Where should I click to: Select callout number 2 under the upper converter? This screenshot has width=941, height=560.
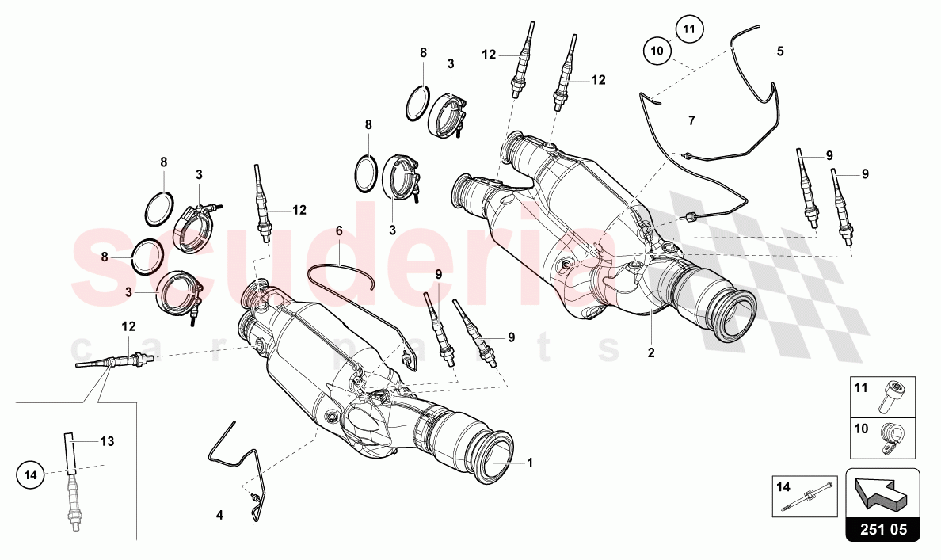651,353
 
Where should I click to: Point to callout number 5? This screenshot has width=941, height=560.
780,51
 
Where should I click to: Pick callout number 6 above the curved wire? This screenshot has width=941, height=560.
339,230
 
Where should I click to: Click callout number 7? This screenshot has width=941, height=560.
691,120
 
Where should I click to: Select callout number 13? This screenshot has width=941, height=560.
107,441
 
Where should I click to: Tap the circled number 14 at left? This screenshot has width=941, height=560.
30,475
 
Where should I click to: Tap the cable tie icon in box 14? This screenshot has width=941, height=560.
808,497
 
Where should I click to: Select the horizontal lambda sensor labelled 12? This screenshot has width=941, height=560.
115,363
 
